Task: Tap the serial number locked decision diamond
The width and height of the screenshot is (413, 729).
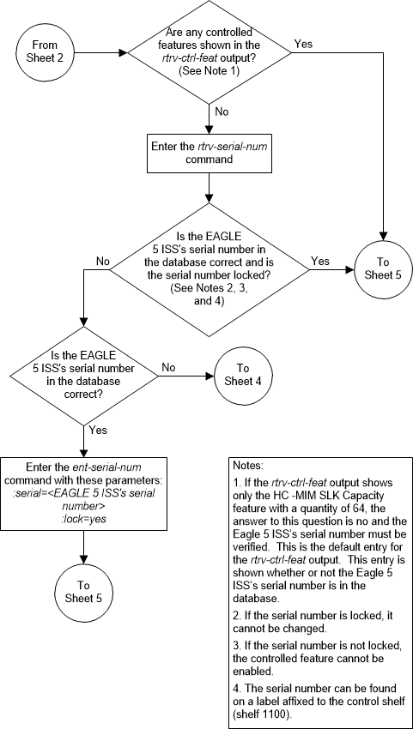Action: tap(209, 269)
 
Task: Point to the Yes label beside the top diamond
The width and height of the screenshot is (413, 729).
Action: tap(303, 42)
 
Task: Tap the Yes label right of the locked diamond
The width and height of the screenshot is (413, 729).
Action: tap(319, 260)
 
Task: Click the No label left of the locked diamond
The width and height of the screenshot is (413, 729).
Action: tap(103, 260)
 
